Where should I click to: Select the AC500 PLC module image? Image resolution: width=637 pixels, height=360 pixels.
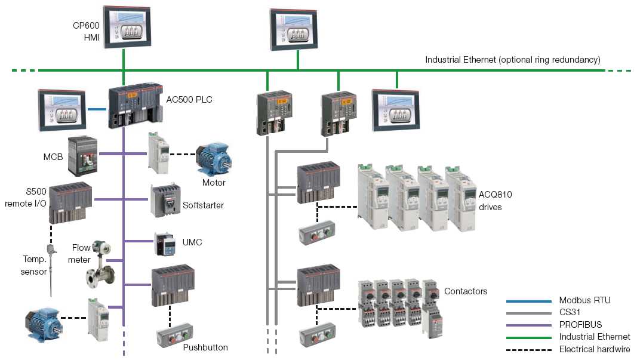pyautogui.click(x=134, y=106)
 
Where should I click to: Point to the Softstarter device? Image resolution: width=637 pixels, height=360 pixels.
pyautogui.click(x=164, y=200)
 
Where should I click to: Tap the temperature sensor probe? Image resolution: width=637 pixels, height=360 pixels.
pyautogui.click(x=51, y=269)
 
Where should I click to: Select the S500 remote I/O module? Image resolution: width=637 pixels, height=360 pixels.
pyautogui.click(x=70, y=202)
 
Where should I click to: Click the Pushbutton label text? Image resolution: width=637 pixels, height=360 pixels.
pyautogui.click(x=205, y=347)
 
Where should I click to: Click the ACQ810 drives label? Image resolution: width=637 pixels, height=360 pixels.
pyautogui.click(x=495, y=201)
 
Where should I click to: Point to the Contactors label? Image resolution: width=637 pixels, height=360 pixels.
pyautogui.click(x=466, y=291)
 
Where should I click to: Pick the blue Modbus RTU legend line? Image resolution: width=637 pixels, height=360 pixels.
pyautogui.click(x=528, y=301)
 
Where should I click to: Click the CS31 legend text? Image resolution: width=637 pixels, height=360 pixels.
pyautogui.click(x=570, y=313)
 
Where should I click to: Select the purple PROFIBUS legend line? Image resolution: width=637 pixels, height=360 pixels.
pyautogui.click(x=528, y=325)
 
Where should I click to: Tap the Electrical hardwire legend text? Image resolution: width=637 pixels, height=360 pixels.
pyautogui.click(x=594, y=350)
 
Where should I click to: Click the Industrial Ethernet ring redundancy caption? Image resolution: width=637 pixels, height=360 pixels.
pyautogui.click(x=512, y=60)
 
